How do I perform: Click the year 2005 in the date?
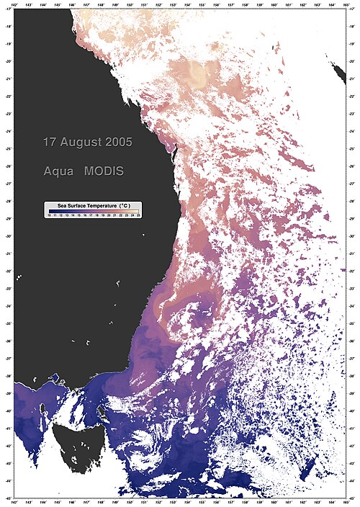(118, 143)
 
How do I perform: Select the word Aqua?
(58, 172)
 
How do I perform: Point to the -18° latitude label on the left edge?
(8, 27)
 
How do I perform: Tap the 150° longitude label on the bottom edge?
(130, 503)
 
